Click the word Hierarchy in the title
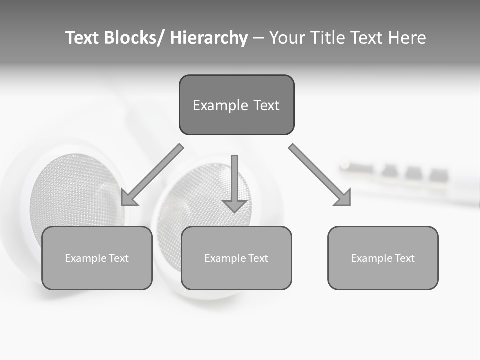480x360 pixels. click(x=209, y=38)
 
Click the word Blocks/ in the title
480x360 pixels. click(x=134, y=38)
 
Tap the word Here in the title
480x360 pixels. click(x=408, y=38)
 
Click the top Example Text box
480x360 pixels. click(x=236, y=105)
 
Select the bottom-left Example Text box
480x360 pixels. click(x=97, y=258)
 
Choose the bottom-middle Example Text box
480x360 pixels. click(x=236, y=258)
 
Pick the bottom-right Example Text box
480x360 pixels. click(x=383, y=258)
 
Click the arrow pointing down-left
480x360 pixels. click(x=153, y=175)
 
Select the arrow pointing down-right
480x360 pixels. click(x=320, y=175)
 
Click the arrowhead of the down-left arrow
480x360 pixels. click(x=128, y=199)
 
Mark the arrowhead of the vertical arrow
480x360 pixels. click(x=234, y=206)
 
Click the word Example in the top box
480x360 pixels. click(x=220, y=105)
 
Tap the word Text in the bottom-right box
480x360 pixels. click(x=404, y=258)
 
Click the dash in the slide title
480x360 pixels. click(x=258, y=38)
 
